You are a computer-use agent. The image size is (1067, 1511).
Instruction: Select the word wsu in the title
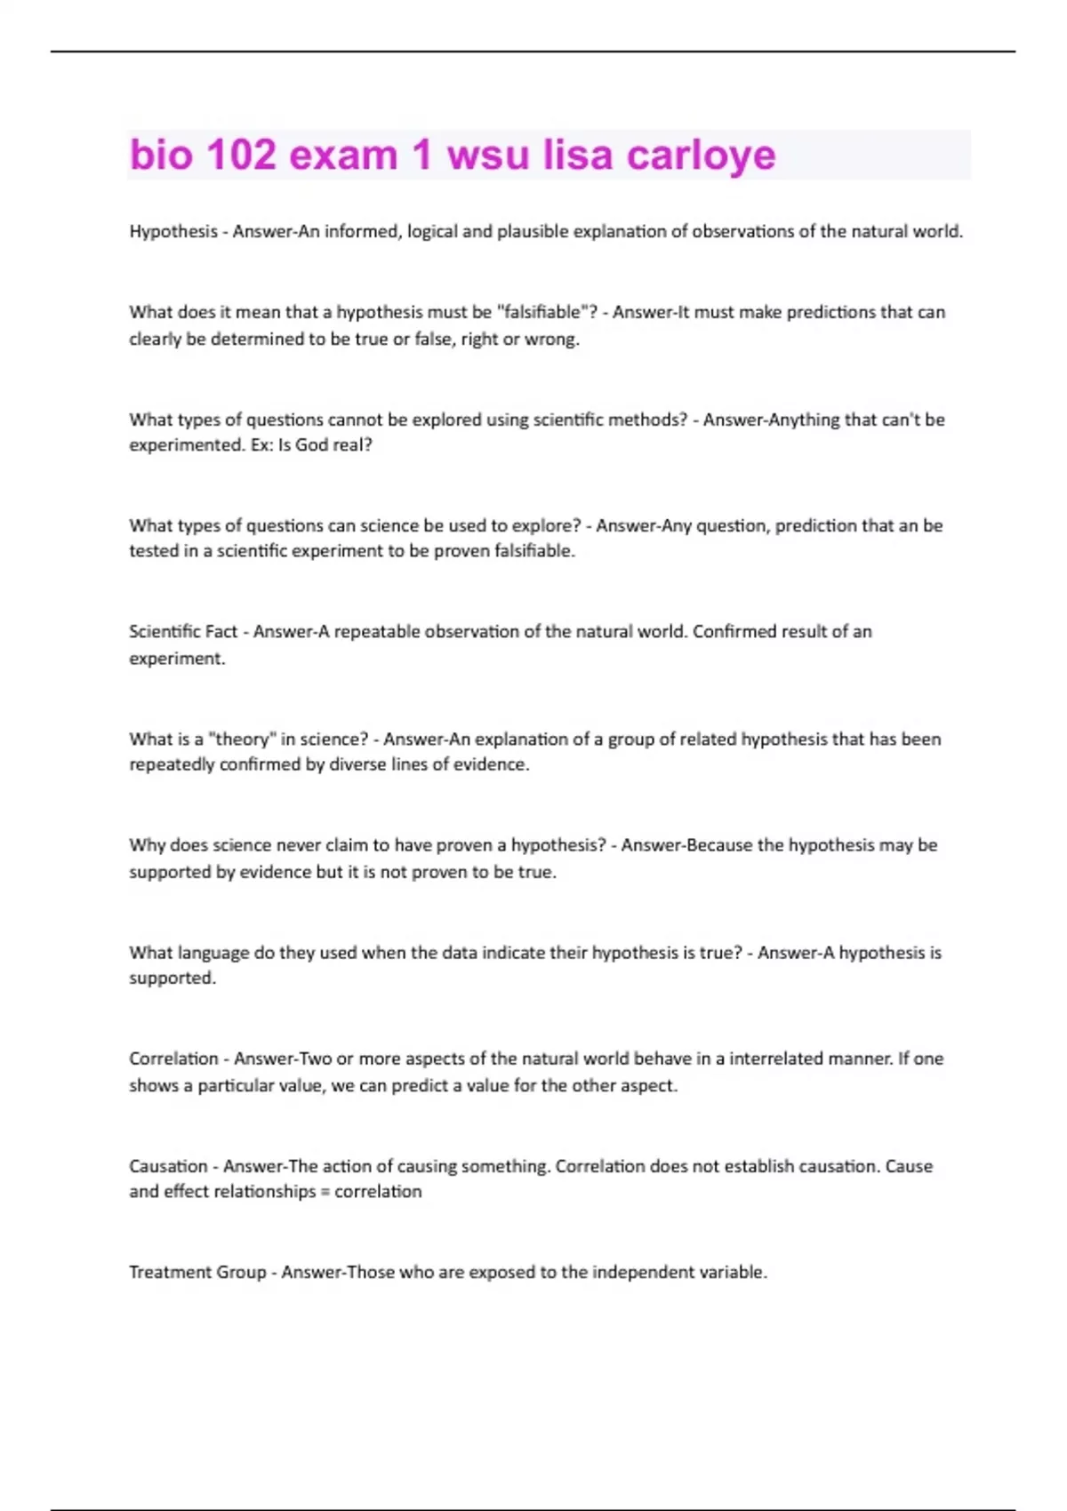[x=488, y=155]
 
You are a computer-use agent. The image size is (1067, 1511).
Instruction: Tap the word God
[x=311, y=444]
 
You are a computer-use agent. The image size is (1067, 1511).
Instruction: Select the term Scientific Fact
[x=183, y=631]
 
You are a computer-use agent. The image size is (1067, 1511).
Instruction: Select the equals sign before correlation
[x=325, y=1192]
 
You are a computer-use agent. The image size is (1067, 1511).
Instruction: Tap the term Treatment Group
[x=197, y=1272]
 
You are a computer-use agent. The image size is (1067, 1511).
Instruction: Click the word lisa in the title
[x=578, y=155]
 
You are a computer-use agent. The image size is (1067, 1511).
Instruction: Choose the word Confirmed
[x=734, y=631]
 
